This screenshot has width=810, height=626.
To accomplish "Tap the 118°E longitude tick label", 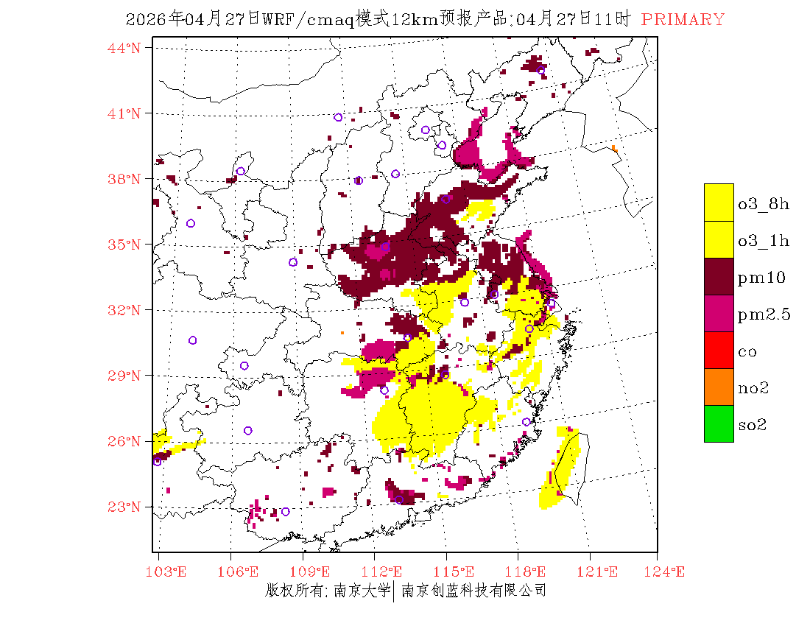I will pyautogui.click(x=529, y=572).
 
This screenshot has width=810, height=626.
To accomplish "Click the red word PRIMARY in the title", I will pyautogui.click(x=683, y=20).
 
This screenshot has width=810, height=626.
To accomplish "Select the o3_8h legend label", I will pyautogui.click(x=764, y=204).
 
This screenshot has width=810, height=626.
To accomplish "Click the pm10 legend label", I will pyautogui.click(x=761, y=278).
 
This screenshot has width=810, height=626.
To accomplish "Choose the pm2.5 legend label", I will pyautogui.click(x=764, y=314).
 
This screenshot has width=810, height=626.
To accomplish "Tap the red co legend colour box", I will pyautogui.click(x=719, y=350).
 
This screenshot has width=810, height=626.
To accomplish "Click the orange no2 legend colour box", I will pyautogui.click(x=719, y=387).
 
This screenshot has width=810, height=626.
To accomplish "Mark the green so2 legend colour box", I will pyautogui.click(x=719, y=423).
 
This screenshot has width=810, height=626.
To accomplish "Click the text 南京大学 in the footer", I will pyautogui.click(x=361, y=590).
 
